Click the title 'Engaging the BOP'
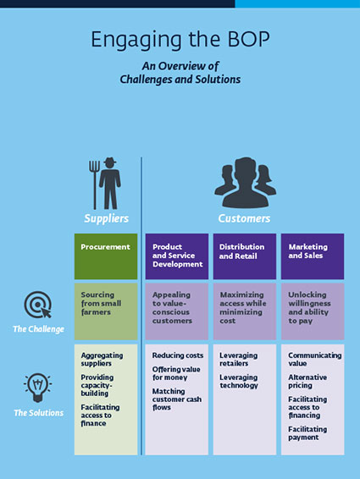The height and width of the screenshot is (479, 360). coord(180,41)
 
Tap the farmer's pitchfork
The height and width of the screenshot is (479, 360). coord(94,184)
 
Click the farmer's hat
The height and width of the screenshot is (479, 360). coord(110,161)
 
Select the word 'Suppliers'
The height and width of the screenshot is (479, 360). coord(106,218)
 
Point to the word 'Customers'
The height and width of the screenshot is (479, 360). coord(244,218)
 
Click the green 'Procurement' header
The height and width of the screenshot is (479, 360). coord(106,256)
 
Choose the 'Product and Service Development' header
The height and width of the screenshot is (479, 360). coord(177,256)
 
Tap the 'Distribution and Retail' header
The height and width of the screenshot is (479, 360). coord(245,256)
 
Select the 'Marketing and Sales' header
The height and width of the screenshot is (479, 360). coord(313,256)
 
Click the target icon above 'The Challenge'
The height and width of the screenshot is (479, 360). coord(37,305)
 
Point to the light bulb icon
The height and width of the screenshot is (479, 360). coord(37,388)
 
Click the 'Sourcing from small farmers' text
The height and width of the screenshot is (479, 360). coord(101,303)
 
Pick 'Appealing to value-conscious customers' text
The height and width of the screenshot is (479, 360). coord(172,307)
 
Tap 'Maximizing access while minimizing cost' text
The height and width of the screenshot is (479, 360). coord(243,307)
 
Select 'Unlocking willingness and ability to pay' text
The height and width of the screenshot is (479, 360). coord(309,307)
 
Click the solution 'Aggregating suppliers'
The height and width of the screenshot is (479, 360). coord(102,359)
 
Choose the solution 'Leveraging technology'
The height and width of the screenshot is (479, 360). coord(239,381)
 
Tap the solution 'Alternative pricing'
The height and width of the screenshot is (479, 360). coord(307,381)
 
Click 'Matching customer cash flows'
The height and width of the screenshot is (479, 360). coord(177,399)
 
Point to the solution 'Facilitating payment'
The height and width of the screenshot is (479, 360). coord(307,433)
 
